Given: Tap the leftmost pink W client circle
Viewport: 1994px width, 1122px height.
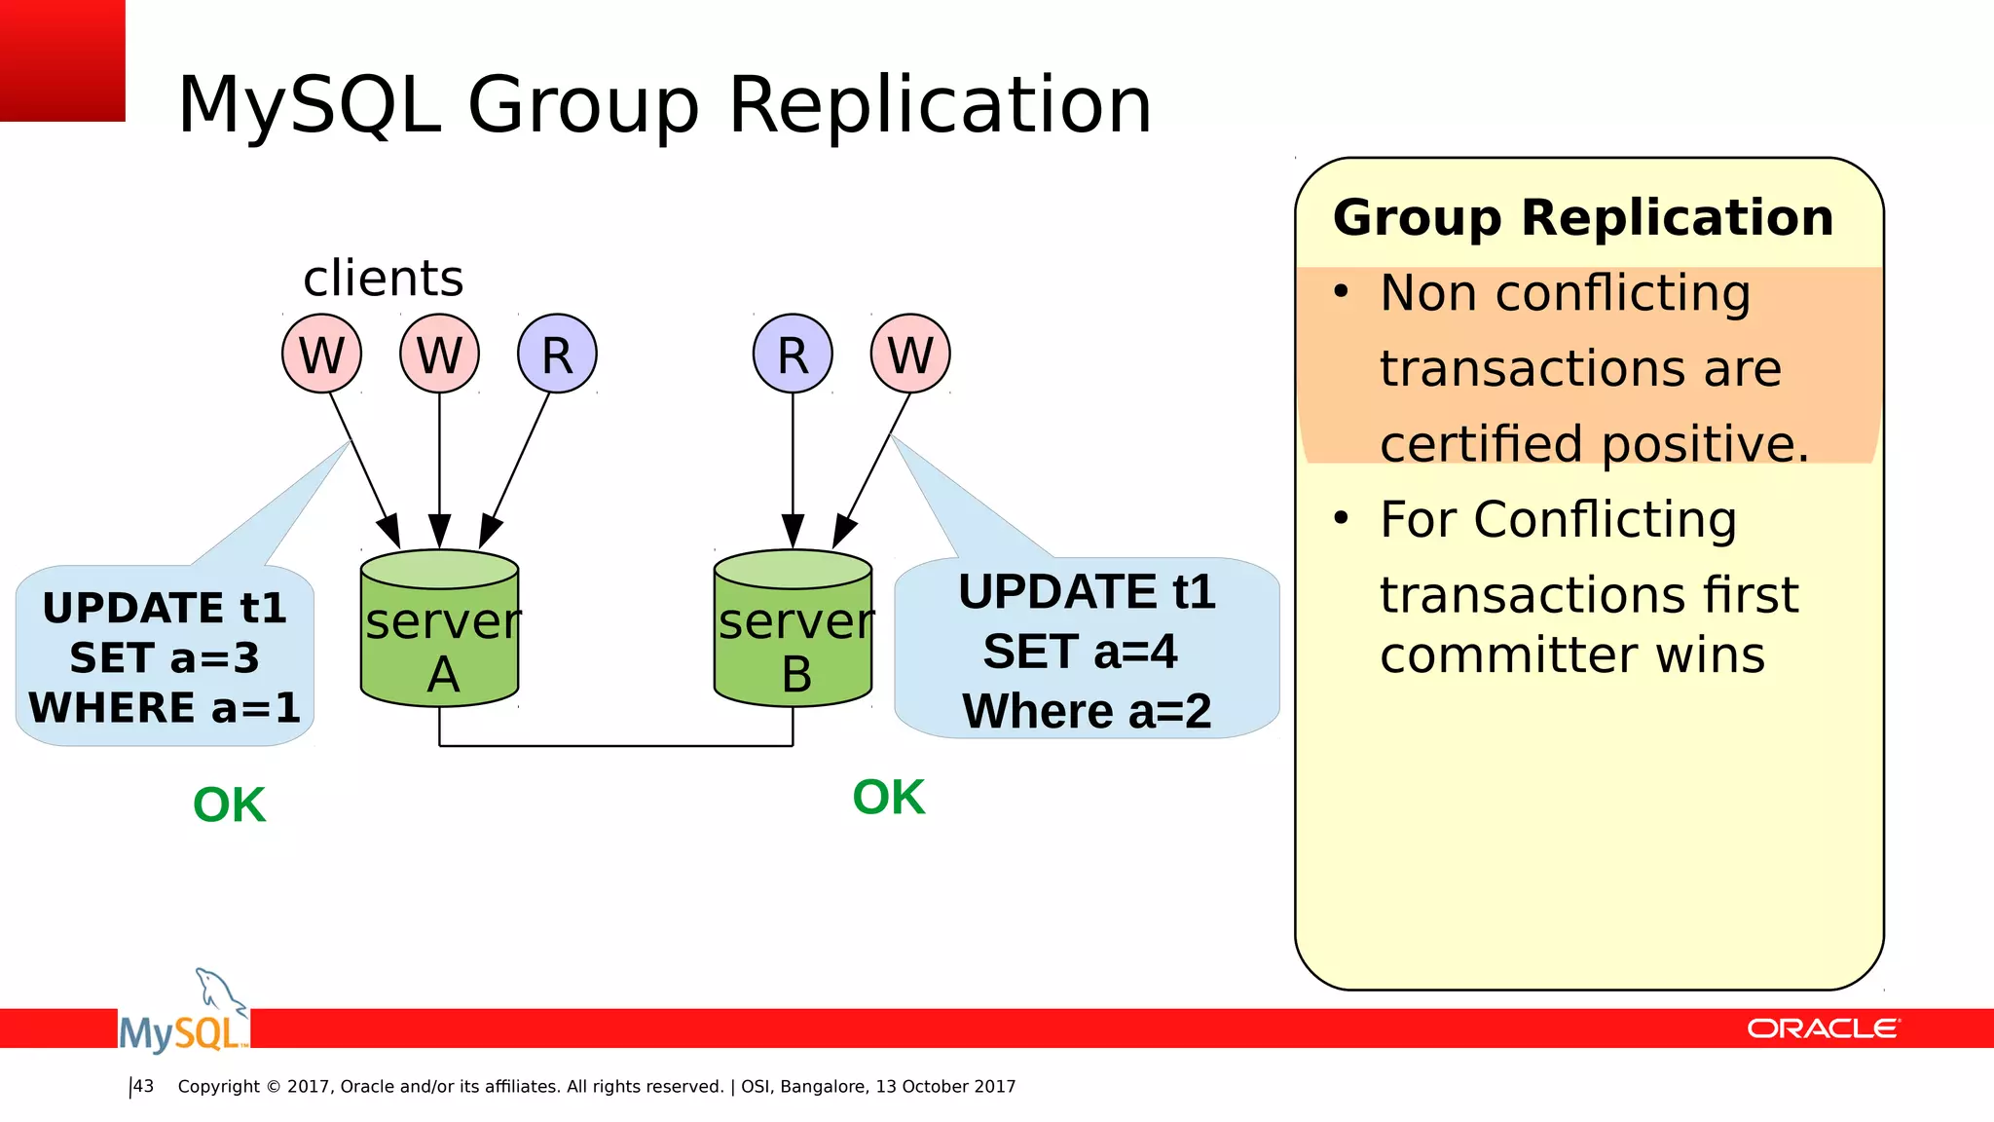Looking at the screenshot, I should (x=321, y=354).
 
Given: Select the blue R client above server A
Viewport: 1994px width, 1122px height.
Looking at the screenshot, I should (x=557, y=354).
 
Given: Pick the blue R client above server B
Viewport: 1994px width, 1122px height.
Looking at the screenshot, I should (x=793, y=354).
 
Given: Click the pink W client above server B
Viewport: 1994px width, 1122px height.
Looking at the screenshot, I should (x=910, y=354).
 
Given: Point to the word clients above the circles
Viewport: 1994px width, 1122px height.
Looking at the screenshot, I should (x=383, y=279).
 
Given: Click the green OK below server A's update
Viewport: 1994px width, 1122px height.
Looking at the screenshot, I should (x=229, y=805).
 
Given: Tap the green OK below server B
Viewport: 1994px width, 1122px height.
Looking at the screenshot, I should (x=888, y=798).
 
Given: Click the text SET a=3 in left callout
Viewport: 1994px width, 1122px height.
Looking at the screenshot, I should (x=165, y=658).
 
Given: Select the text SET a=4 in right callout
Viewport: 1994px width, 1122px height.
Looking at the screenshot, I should (x=1080, y=652).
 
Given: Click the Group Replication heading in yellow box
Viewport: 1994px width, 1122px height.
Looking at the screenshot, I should (x=1583, y=217).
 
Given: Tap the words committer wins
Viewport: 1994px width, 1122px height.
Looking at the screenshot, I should (x=1571, y=654).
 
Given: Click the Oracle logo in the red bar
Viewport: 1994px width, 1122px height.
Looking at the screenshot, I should (x=1822, y=1028).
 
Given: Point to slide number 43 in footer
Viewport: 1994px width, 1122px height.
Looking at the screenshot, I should (x=143, y=1086).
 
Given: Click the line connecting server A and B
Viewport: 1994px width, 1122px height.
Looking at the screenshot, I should (x=615, y=746).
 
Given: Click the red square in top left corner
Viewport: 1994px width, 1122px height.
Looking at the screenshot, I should (x=62, y=59).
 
